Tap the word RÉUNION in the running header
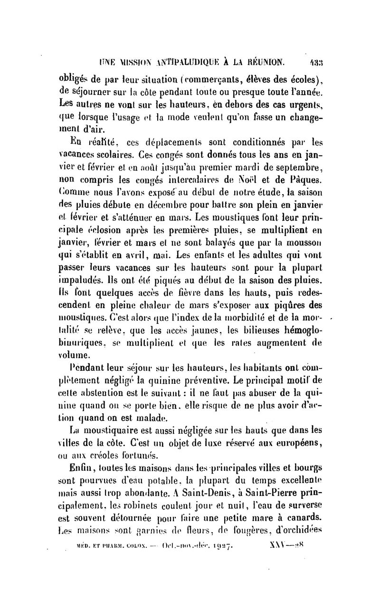(264, 61)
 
